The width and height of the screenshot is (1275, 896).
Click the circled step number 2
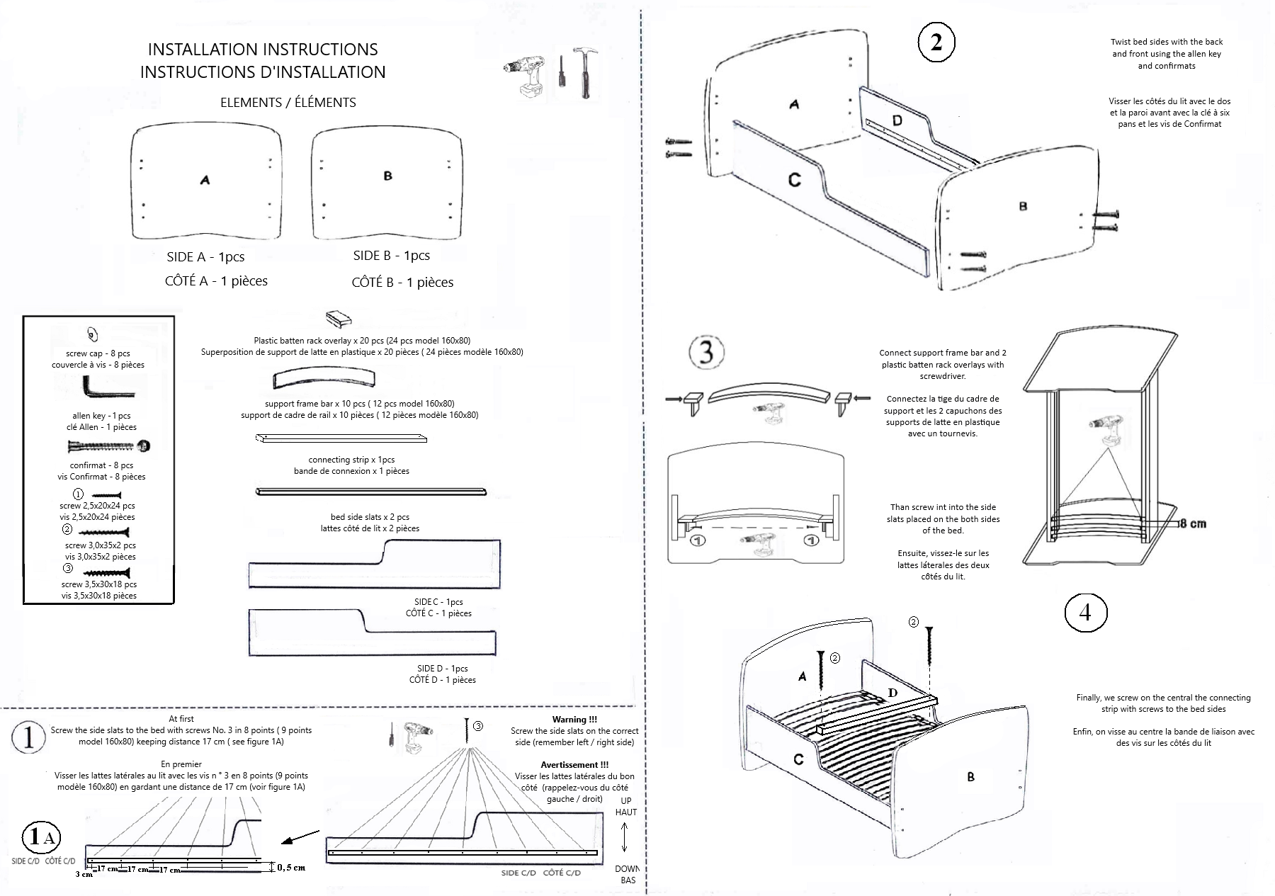tap(936, 42)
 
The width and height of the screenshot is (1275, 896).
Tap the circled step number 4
tap(1085, 613)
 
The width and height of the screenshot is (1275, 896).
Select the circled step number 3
tap(706, 351)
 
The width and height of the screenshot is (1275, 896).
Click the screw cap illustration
tap(91, 334)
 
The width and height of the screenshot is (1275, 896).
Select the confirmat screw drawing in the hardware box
tap(109, 446)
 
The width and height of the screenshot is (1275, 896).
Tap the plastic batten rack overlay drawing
tap(339, 319)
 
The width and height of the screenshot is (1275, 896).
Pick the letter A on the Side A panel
tap(205, 180)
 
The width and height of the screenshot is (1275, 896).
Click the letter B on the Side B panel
tap(387, 176)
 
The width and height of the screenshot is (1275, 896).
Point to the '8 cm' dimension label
tap(1192, 523)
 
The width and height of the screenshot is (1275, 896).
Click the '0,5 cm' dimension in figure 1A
tap(290, 867)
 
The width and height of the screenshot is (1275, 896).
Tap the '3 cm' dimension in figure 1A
tap(84, 875)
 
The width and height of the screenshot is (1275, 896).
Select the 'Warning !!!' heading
tap(574, 720)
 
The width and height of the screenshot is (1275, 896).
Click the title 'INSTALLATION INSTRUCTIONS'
tap(263, 50)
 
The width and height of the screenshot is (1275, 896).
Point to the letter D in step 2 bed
tap(897, 120)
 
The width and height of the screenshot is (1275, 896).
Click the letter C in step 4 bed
tap(798, 759)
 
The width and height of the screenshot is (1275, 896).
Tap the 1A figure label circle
tap(41, 838)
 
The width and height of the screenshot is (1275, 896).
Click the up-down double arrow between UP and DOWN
tap(625, 838)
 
